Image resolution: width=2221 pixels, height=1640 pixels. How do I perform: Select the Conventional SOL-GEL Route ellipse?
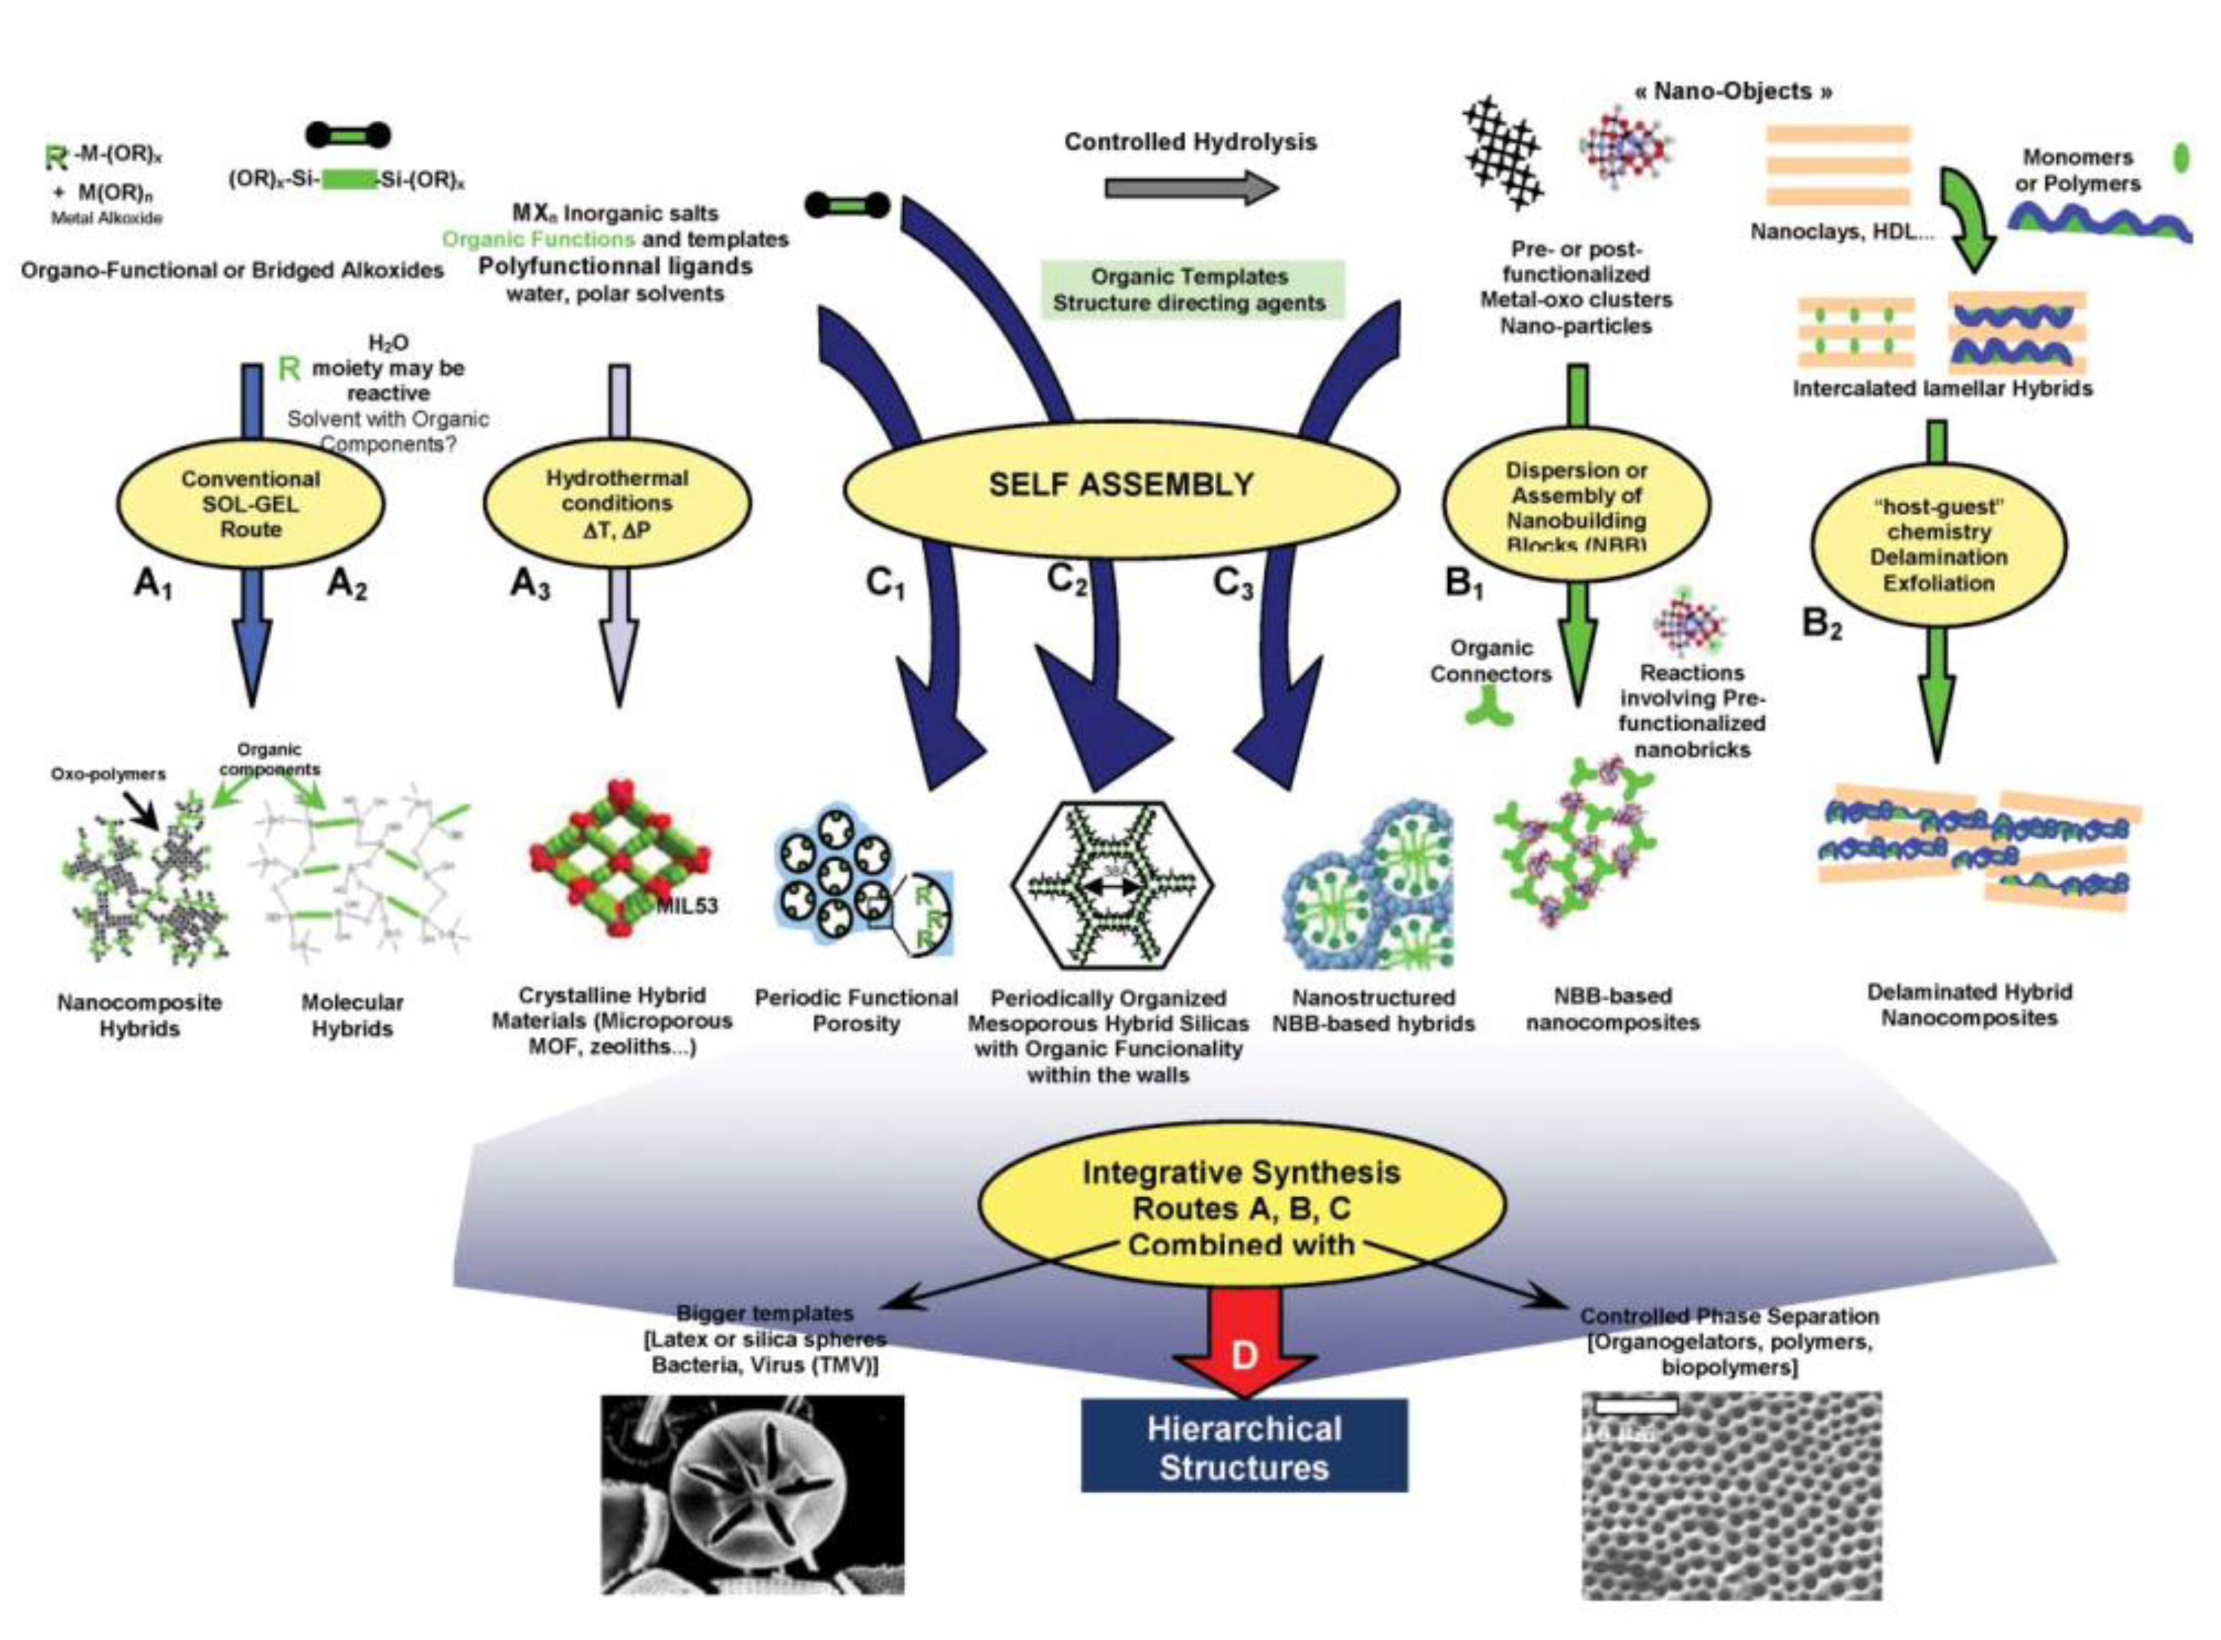pyautogui.click(x=250, y=504)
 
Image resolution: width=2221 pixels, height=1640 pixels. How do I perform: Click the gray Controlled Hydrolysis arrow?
pyautogui.click(x=1191, y=188)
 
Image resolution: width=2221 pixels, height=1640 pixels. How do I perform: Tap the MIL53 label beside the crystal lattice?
pyautogui.click(x=687, y=905)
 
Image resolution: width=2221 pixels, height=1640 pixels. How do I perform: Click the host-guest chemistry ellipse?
pyautogui.click(x=1938, y=546)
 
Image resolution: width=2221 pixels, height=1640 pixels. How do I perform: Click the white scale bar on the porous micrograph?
pyautogui.click(x=1636, y=1405)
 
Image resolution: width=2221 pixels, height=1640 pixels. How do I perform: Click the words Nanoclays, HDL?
pyautogui.click(x=1841, y=233)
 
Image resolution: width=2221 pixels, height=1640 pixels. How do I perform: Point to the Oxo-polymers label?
pyautogui.click(x=108, y=774)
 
